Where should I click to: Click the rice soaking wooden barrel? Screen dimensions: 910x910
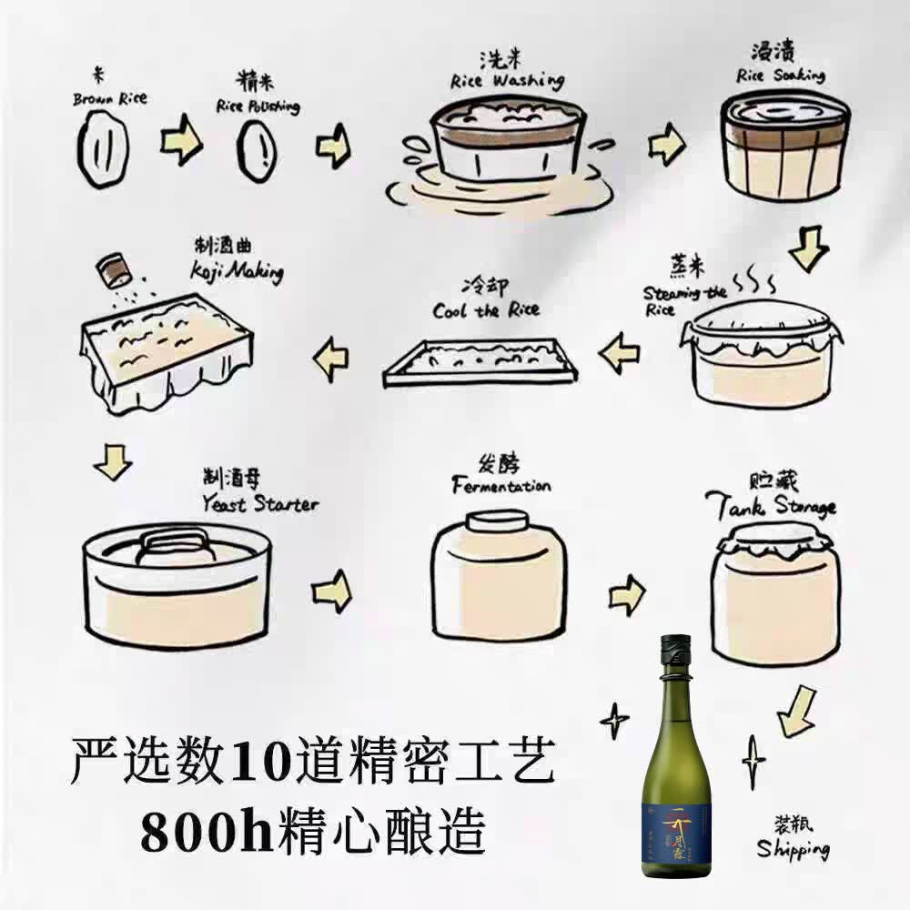[785, 146]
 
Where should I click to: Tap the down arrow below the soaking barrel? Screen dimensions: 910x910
[808, 248]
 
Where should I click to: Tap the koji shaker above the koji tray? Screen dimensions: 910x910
[113, 268]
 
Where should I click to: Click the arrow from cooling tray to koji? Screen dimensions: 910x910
[331, 359]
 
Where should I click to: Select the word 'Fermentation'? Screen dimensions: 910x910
[500, 486]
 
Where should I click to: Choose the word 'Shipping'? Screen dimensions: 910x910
[793, 849]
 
